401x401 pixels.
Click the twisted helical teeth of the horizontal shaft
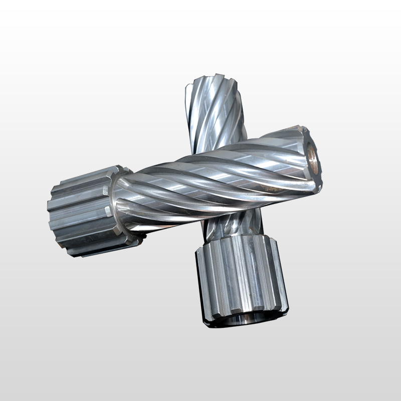point(211,175)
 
